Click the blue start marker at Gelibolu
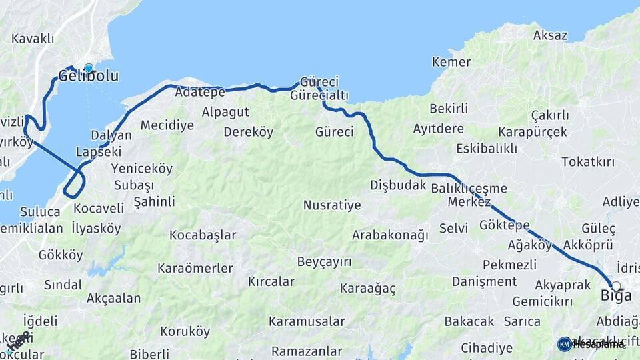(x=88, y=68)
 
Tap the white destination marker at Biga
(x=616, y=286)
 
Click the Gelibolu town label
(x=89, y=77)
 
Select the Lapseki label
(x=97, y=151)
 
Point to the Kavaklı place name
(x=33, y=39)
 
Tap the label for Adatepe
(x=200, y=93)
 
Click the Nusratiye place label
(x=332, y=205)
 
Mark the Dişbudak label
(x=398, y=185)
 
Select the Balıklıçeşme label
(x=469, y=188)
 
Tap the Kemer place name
(x=451, y=62)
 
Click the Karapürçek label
(x=533, y=132)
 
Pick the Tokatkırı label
(x=588, y=162)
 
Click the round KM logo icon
(x=565, y=344)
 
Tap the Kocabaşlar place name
(x=203, y=235)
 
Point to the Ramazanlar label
(x=307, y=351)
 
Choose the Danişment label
(x=484, y=281)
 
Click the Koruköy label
(x=185, y=331)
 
